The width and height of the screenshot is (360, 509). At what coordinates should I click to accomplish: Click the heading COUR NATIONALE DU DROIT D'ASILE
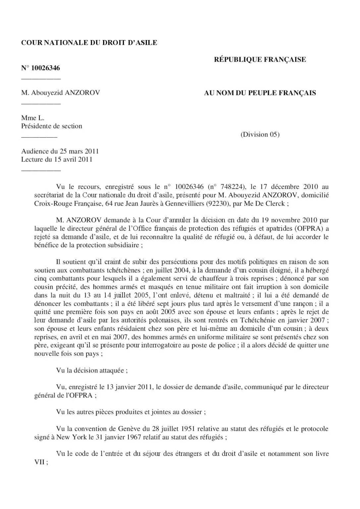tap(89, 43)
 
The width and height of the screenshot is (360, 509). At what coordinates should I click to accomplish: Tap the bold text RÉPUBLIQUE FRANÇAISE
tap(260, 60)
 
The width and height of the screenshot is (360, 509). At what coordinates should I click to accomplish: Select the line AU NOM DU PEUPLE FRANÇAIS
tap(260, 93)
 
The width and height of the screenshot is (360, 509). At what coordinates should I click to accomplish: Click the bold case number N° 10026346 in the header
tap(40, 68)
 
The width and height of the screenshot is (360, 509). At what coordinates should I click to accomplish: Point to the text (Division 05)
tap(260, 135)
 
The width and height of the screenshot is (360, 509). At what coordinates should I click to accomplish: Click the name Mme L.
tap(32, 118)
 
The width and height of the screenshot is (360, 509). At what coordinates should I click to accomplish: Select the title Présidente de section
tap(51, 126)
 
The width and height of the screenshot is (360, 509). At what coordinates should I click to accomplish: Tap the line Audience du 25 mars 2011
tap(60, 151)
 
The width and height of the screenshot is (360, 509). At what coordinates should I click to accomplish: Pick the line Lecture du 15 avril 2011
tap(57, 160)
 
